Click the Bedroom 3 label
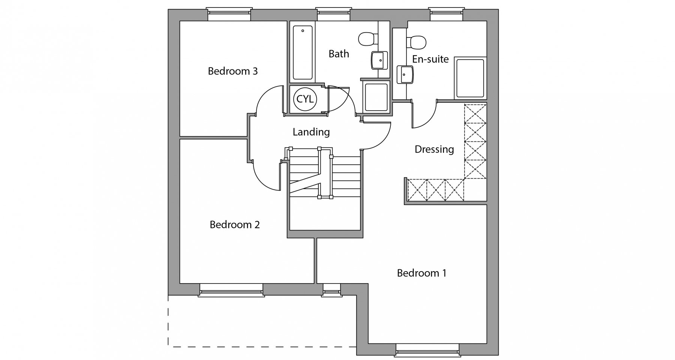233,71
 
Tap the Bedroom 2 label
235,225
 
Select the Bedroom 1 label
421,273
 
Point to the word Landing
311,132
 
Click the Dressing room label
434,149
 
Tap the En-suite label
430,59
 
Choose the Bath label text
339,54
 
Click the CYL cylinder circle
305,99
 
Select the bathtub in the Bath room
302,52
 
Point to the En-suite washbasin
405,75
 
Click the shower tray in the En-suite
470,78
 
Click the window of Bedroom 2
231,290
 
